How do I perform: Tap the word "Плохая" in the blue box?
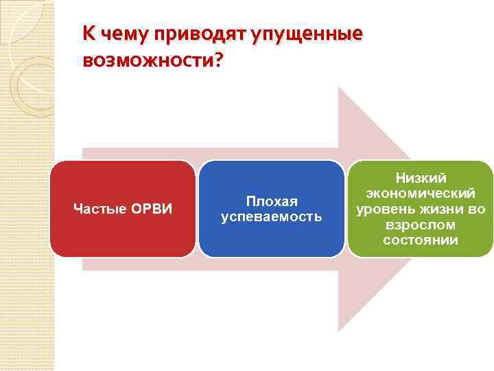point(272,201)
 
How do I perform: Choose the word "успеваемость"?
point(272,217)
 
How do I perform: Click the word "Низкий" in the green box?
point(421,179)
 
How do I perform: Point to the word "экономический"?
point(421,194)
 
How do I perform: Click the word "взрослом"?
point(421,225)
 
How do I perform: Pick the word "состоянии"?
point(421,240)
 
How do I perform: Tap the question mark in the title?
point(218,61)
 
